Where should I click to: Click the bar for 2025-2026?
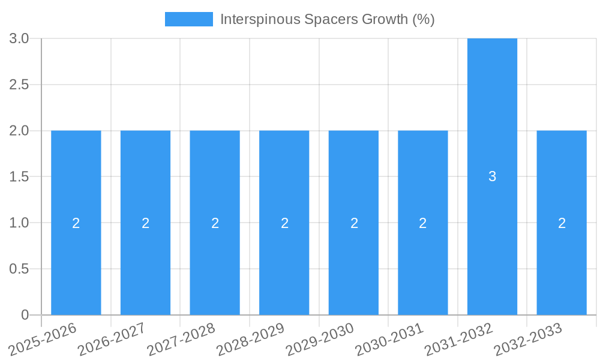pos(76,180)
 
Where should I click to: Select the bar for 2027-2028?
pos(215,180)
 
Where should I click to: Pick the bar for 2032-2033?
pos(562,180)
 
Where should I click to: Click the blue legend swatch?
pos(188,19)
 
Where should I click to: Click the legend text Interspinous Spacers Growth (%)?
pos(327,19)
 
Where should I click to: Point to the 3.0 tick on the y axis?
pos(19,38)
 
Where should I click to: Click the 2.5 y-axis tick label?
pos(19,85)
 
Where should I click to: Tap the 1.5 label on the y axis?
pos(19,177)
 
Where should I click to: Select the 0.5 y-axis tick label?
pos(19,269)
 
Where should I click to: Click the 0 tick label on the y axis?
pos(25,315)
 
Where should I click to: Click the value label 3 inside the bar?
pos(492,176)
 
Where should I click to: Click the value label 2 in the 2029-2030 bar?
pos(354,223)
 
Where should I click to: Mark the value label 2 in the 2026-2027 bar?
pos(146,223)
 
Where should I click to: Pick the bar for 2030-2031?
pos(423,180)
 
